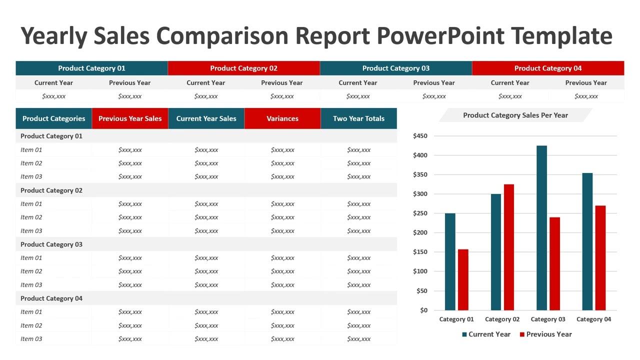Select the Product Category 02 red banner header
[243, 68]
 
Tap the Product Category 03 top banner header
[395, 68]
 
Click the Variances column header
[282, 118]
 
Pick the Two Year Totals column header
[358, 118]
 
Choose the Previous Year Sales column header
[130, 118]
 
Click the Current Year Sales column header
[206, 118]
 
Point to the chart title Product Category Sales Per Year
[515, 115]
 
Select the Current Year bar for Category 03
[541, 228]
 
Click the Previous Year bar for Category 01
[463, 279]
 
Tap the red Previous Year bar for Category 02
[509, 247]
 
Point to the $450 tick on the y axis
[420, 136]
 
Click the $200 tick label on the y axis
[420, 232]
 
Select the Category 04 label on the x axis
[593, 319]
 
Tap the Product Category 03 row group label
[51, 244]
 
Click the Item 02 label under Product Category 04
[31, 325]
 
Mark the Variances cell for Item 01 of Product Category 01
[282, 150]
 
